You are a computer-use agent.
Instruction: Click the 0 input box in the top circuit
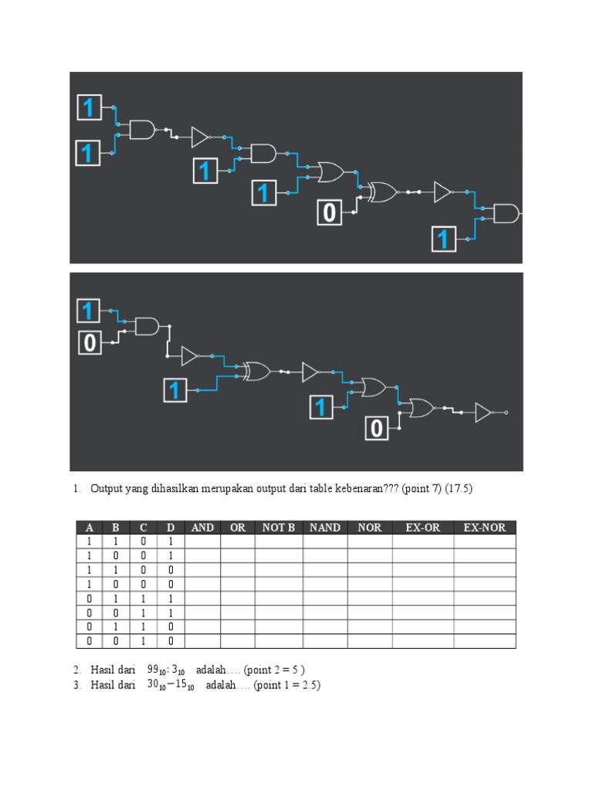(x=329, y=212)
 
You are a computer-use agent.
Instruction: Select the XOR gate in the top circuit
(x=383, y=192)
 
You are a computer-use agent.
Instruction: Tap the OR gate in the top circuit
(x=330, y=172)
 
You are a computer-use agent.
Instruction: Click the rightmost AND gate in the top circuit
(x=507, y=213)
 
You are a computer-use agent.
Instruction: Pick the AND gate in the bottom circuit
(x=147, y=327)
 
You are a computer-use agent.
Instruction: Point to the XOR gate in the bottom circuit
(x=256, y=372)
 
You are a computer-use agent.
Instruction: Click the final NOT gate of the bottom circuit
(x=483, y=412)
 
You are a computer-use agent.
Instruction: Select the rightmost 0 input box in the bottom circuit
(x=377, y=428)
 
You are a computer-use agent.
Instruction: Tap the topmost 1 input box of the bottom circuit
(x=88, y=311)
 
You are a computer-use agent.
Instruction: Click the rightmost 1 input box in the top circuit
(x=444, y=239)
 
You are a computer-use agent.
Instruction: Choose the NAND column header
(x=325, y=528)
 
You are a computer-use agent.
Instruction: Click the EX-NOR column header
(x=485, y=528)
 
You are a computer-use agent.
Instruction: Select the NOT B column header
(x=278, y=528)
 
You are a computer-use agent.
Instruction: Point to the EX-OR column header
(x=422, y=528)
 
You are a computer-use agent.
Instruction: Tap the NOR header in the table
(x=370, y=528)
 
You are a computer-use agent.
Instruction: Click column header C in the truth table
(x=143, y=528)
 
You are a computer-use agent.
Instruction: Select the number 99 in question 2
(x=153, y=670)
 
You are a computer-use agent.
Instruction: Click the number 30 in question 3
(x=153, y=684)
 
